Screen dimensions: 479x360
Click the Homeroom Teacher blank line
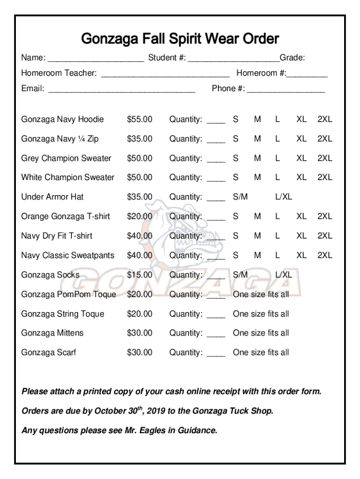tap(165, 74)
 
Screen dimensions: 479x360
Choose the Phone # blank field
tap(286, 89)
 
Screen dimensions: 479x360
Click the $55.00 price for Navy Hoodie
tap(139, 119)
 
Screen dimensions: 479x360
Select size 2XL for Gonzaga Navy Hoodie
tap(324, 119)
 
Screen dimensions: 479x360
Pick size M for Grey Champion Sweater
tap(257, 158)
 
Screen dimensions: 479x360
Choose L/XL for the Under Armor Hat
tap(283, 197)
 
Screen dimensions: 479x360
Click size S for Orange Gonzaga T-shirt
tap(236, 216)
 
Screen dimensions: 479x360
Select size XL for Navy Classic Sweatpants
tap(302, 255)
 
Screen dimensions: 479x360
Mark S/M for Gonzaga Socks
tap(240, 275)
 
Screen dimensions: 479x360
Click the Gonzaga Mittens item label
tap(52, 333)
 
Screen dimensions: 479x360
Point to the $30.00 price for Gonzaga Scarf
tap(139, 352)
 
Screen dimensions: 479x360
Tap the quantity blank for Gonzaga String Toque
tap(216, 315)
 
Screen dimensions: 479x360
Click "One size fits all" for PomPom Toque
tap(261, 294)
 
